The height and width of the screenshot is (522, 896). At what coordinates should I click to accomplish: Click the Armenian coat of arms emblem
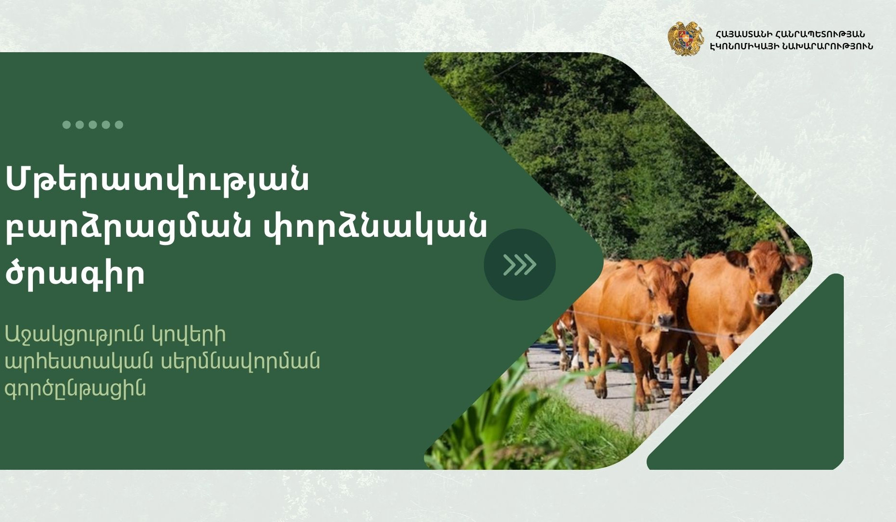coord(685,39)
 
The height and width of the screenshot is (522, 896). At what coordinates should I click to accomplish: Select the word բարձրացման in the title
coord(128,227)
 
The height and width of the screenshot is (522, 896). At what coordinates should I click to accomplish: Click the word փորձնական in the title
coord(375,227)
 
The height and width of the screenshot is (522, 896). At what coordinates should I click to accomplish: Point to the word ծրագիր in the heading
coord(75,274)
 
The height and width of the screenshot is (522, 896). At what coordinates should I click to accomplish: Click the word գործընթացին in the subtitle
coord(75,388)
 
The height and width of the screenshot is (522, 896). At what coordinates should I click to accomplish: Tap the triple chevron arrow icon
coord(520,264)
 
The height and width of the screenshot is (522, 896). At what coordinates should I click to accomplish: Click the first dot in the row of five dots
coord(67,125)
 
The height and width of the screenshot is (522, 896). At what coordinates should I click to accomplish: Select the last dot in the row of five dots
coord(119,125)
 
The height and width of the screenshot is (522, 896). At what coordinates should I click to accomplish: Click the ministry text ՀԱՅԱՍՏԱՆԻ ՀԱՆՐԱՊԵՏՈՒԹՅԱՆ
coord(790,34)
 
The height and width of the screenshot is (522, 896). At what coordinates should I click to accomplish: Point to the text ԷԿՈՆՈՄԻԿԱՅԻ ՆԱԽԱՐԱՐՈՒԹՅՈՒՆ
coord(791,46)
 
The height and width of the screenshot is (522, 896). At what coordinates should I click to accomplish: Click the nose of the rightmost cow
coord(766,299)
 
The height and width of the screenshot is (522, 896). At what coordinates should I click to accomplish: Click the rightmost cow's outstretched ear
coord(797,263)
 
